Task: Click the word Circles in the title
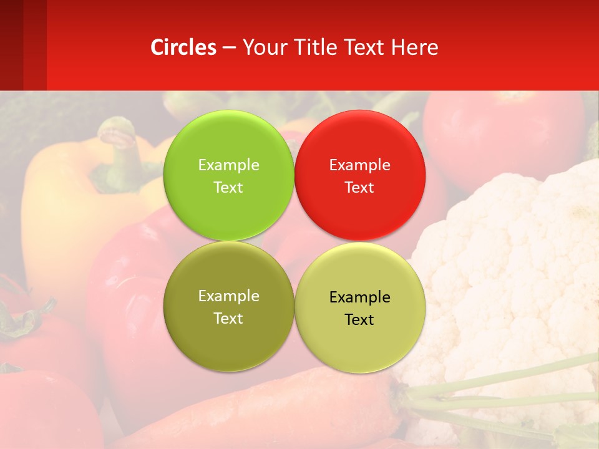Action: point(183,47)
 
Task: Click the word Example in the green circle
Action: point(228,165)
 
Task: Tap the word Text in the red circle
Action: point(359,187)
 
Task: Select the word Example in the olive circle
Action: point(228,296)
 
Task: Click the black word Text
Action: point(359,319)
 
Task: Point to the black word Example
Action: point(359,297)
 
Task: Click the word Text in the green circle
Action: point(228,187)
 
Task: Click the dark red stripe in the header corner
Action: point(11,44)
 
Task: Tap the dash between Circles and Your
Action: point(229,48)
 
